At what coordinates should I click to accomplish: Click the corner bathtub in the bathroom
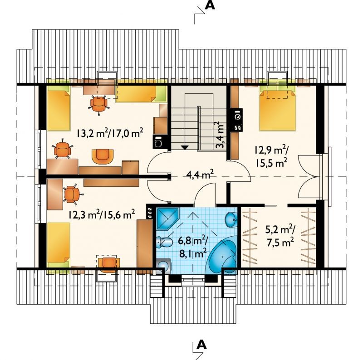[x=223, y=254]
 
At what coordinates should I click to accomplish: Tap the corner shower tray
[x=167, y=219]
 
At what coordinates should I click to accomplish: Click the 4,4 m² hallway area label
[x=200, y=175]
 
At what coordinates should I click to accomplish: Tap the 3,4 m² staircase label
[x=220, y=136]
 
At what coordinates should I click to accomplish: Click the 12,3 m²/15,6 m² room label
[x=101, y=215]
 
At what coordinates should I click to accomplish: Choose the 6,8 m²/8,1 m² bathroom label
[x=193, y=247]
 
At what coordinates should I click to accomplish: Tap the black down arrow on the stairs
[x=185, y=147]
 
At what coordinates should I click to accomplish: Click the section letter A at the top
[x=210, y=5]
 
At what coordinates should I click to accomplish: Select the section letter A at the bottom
[x=201, y=345]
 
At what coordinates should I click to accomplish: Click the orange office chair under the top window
[x=99, y=105]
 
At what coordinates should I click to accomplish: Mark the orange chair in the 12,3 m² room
[x=73, y=194]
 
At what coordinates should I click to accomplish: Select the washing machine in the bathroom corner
[x=163, y=266]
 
